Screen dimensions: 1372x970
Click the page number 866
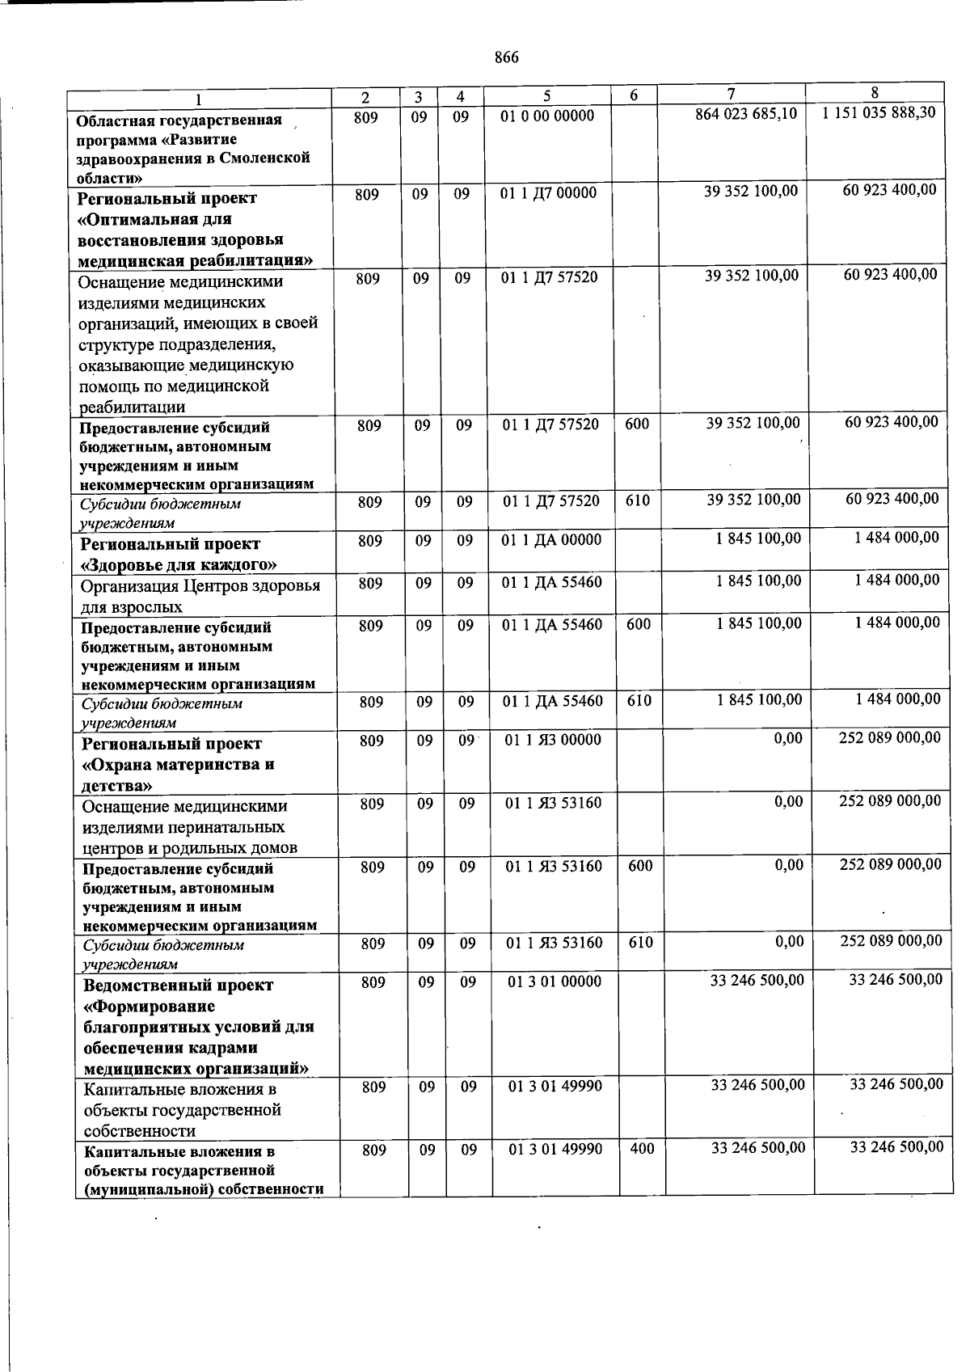point(506,57)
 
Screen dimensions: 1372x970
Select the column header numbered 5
point(546,96)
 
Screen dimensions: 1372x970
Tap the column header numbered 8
point(875,93)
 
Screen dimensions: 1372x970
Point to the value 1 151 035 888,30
point(879,112)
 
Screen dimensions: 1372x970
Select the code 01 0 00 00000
point(547,116)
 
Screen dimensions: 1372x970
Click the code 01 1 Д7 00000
point(549,193)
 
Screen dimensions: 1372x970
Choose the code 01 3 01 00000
point(555,982)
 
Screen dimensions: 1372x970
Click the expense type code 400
point(642,1149)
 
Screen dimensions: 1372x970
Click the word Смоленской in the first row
point(268,158)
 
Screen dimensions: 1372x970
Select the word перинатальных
point(229,827)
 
